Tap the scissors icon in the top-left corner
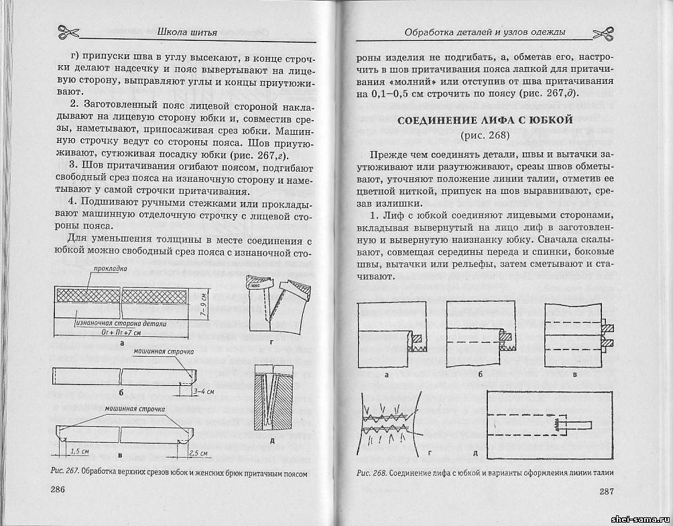(67, 31)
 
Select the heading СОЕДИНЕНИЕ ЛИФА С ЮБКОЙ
(485, 121)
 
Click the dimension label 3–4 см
(203, 390)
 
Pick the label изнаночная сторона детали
(111, 323)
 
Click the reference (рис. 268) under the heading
(485, 136)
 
